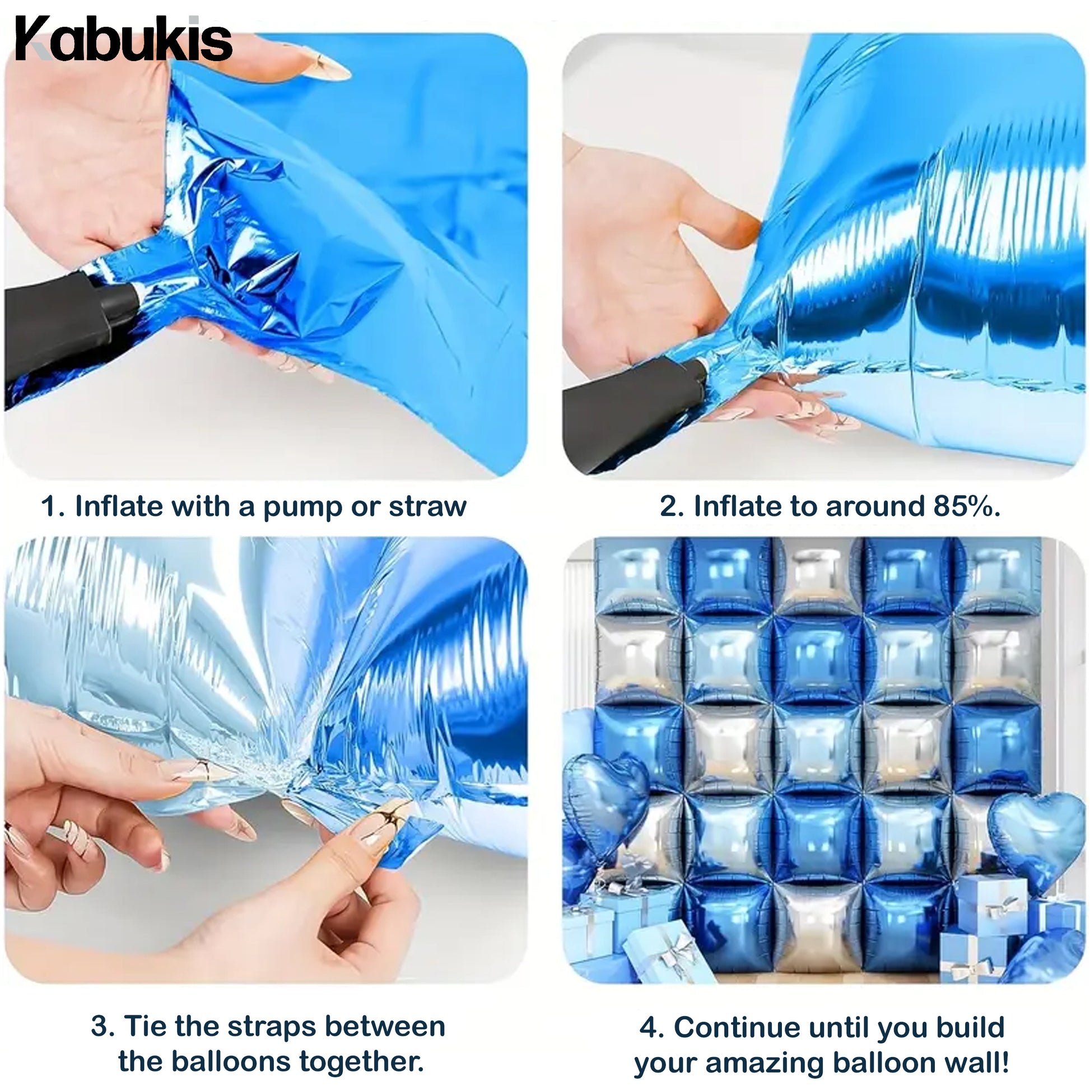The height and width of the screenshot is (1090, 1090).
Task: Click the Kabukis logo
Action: pos(123,40)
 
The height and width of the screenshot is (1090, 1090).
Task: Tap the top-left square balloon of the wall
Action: pos(637,575)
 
